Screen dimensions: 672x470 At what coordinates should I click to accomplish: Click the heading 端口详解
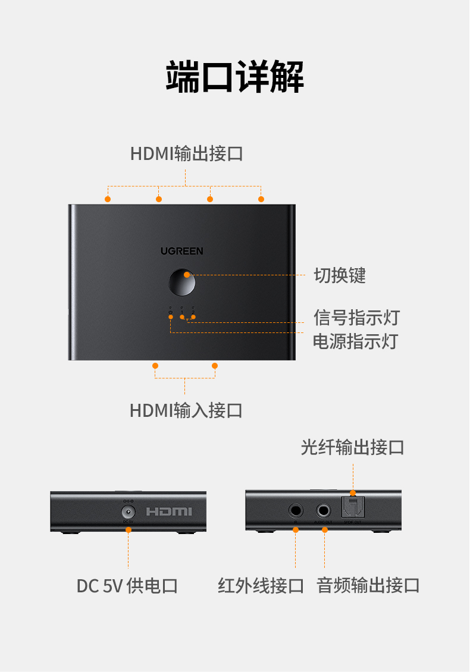[234, 76]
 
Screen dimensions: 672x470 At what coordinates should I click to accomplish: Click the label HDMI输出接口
[187, 153]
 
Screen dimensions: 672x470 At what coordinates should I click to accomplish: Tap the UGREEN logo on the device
[181, 251]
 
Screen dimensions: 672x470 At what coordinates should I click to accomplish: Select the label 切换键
[340, 275]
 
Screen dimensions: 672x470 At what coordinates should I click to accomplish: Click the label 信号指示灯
[356, 317]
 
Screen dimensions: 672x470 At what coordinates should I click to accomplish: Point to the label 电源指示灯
[355, 341]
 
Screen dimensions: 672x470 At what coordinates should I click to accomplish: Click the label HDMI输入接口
[186, 410]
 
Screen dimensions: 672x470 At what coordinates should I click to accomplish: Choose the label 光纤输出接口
[352, 447]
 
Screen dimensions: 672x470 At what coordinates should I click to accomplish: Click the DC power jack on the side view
[128, 511]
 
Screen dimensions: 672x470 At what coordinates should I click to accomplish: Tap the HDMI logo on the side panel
[169, 511]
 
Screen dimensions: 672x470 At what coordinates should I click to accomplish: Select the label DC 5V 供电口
[127, 586]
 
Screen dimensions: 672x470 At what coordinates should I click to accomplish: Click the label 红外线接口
[261, 586]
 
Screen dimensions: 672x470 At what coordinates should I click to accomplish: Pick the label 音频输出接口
[368, 585]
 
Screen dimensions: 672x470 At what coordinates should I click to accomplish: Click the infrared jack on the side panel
[295, 510]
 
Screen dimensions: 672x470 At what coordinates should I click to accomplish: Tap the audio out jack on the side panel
[324, 510]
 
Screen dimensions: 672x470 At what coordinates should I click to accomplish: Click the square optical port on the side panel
[352, 507]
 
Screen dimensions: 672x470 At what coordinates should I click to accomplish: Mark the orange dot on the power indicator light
[171, 318]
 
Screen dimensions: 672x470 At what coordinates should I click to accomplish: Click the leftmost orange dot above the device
[108, 199]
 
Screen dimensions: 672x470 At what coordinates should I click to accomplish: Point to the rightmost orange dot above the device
[261, 199]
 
